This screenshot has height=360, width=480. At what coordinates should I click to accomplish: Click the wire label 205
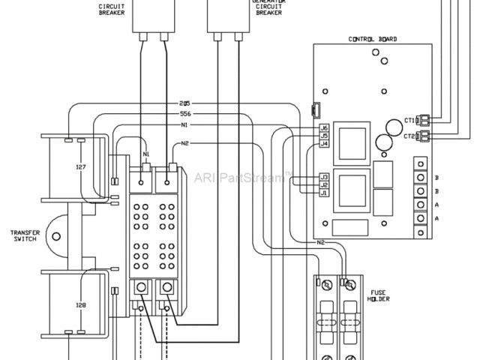click(184, 103)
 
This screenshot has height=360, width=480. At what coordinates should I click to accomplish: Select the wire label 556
click(184, 113)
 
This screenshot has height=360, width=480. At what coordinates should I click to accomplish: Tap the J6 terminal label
click(324, 128)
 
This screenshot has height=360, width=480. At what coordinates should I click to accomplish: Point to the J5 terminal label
click(324, 136)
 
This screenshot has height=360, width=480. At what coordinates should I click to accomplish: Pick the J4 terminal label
click(324, 143)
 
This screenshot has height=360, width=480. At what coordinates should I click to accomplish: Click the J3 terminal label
click(324, 177)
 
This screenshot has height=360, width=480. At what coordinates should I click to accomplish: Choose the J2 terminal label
click(324, 184)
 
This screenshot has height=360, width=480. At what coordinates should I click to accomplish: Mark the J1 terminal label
click(324, 192)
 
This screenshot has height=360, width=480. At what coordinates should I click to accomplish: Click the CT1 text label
click(409, 119)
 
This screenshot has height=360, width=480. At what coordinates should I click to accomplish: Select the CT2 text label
click(409, 136)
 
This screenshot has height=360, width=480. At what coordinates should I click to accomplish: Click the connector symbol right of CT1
click(424, 119)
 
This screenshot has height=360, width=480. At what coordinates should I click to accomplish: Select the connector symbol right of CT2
click(424, 136)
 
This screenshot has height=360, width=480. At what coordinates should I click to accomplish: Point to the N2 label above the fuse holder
click(320, 242)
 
